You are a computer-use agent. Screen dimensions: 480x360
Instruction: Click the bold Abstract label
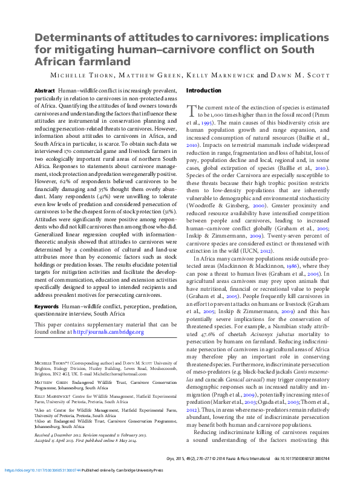[45, 89]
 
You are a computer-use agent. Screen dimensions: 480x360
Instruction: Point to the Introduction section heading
[203, 91]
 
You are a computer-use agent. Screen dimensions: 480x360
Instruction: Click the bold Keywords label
[47, 306]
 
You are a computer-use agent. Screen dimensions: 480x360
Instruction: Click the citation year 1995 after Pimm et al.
[206, 122]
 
